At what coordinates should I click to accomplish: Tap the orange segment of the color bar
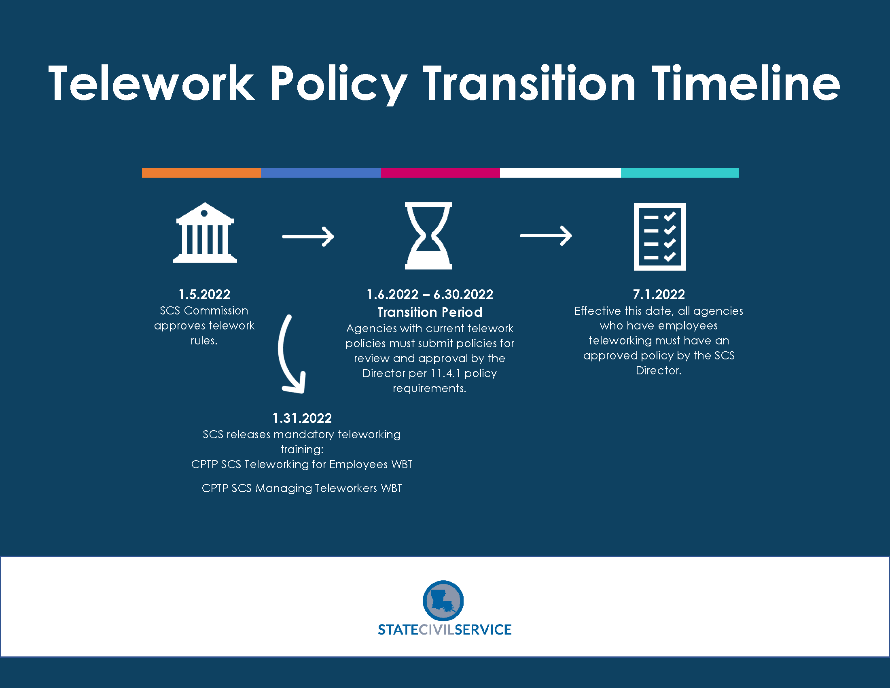201,173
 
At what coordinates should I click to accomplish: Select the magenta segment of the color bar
441,173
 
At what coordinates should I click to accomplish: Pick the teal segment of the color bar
680,173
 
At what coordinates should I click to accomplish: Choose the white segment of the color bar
560,173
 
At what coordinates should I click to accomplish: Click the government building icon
205,233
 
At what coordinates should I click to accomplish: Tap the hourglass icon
428,236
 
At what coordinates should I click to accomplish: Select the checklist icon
660,236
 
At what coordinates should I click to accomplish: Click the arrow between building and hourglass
308,236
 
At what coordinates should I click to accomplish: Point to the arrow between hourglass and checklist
546,236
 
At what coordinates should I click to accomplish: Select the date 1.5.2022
204,294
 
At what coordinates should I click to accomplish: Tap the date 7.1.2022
659,294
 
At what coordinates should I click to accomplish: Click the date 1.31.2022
302,418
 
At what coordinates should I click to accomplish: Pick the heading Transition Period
430,312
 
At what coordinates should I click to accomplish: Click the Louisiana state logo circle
443,601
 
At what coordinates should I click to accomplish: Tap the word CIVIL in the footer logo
437,630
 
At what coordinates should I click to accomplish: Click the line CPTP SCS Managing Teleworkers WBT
302,488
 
